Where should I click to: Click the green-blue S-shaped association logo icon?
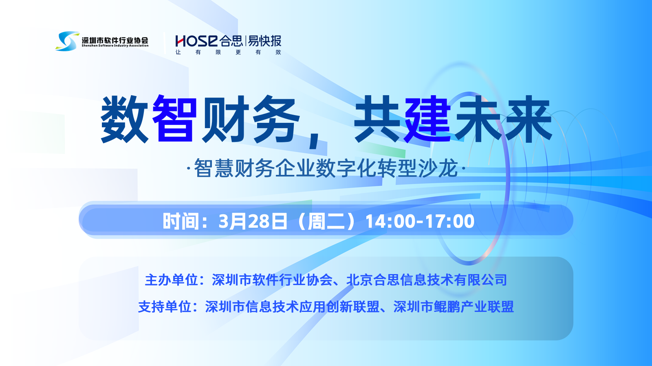[x=67, y=41]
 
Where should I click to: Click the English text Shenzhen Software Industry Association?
[x=115, y=46]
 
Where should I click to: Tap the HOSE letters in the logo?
[x=196, y=41]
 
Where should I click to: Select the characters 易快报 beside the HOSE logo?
[x=264, y=41]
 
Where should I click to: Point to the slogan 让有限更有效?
[x=228, y=52]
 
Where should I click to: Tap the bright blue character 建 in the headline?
[x=427, y=119]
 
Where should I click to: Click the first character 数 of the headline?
[x=125, y=119]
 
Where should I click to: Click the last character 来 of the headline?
[x=528, y=119]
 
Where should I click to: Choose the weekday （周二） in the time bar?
[x=326, y=221]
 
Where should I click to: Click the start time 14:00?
[x=390, y=221]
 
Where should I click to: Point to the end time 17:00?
[x=450, y=221]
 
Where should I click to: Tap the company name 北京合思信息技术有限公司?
[x=427, y=280]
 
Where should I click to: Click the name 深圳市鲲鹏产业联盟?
[x=454, y=307]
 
